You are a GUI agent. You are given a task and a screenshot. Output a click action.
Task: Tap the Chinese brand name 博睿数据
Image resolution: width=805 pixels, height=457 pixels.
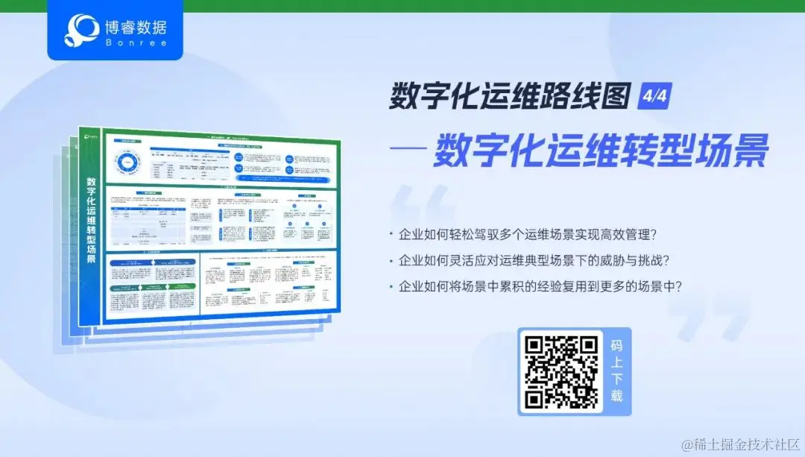(x=136, y=28)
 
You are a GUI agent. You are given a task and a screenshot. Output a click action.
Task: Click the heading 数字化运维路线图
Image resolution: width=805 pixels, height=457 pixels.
(x=511, y=98)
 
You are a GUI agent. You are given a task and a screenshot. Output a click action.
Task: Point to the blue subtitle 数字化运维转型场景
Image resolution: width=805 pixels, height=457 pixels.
(x=601, y=151)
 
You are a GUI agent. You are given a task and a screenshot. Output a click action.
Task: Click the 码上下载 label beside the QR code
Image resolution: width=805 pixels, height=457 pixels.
(x=616, y=371)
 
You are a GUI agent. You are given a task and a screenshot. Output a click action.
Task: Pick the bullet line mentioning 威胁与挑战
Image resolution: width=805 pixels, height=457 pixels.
(x=533, y=260)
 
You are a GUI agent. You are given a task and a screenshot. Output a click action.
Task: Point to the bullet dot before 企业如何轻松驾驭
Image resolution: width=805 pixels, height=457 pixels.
(x=391, y=235)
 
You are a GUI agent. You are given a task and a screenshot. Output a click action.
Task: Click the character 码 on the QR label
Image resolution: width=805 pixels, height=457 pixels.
(x=616, y=346)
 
